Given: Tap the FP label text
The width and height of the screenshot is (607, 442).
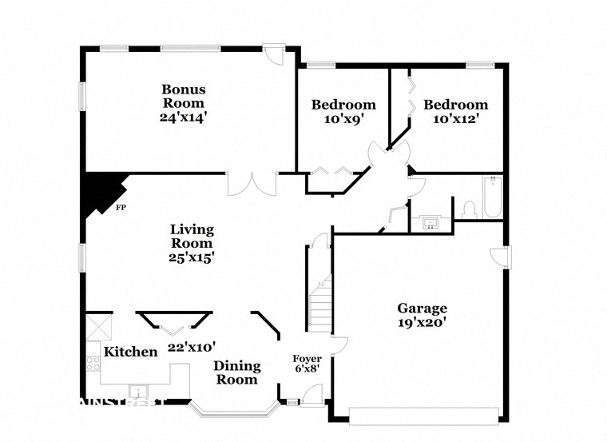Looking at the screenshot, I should click(x=121, y=208).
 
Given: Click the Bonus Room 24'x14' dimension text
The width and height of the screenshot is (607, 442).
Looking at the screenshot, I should click(x=183, y=117).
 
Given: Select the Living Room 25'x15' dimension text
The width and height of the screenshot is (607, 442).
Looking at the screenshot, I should click(x=192, y=257).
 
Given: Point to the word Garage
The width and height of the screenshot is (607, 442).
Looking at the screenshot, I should click(x=423, y=309).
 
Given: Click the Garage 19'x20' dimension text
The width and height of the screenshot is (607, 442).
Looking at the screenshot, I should click(x=423, y=323).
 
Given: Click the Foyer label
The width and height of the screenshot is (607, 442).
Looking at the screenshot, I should click(x=307, y=359).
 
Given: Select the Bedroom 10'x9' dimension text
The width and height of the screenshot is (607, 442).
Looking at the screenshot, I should click(x=343, y=119).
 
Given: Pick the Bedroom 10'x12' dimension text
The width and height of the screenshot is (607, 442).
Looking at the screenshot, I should click(x=455, y=119).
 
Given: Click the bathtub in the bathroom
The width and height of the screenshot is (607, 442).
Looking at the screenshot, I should click(x=491, y=197).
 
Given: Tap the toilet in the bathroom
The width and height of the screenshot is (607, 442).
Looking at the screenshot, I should click(x=469, y=209).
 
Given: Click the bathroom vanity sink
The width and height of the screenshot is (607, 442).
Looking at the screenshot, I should click(x=431, y=222).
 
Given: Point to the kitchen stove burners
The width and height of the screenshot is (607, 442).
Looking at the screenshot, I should click(x=93, y=364).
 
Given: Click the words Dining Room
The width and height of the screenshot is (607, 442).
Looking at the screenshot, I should click(x=237, y=372).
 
